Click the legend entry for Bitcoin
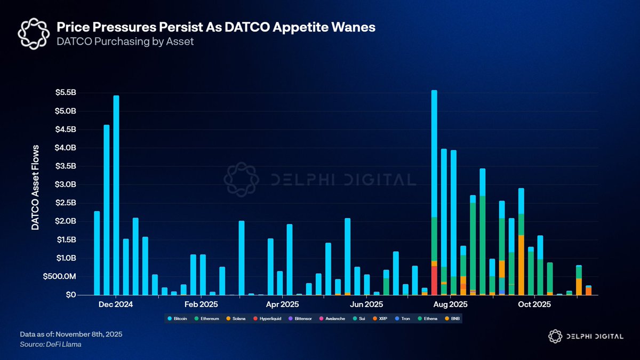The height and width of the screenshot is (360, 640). point(178,318)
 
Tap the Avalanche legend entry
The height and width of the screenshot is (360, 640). point(334,318)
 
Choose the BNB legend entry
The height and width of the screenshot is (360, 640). point(453,318)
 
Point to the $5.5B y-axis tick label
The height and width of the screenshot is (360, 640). point(66,92)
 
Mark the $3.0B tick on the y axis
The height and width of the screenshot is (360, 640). point(66,185)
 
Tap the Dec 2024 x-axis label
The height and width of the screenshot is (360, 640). point(116,305)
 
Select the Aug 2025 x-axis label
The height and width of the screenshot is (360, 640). point(451,305)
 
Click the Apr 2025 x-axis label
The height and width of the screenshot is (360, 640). point(282,305)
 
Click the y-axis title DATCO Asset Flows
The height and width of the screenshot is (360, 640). point(35,187)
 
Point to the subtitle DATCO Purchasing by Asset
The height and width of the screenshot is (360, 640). point(125,41)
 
